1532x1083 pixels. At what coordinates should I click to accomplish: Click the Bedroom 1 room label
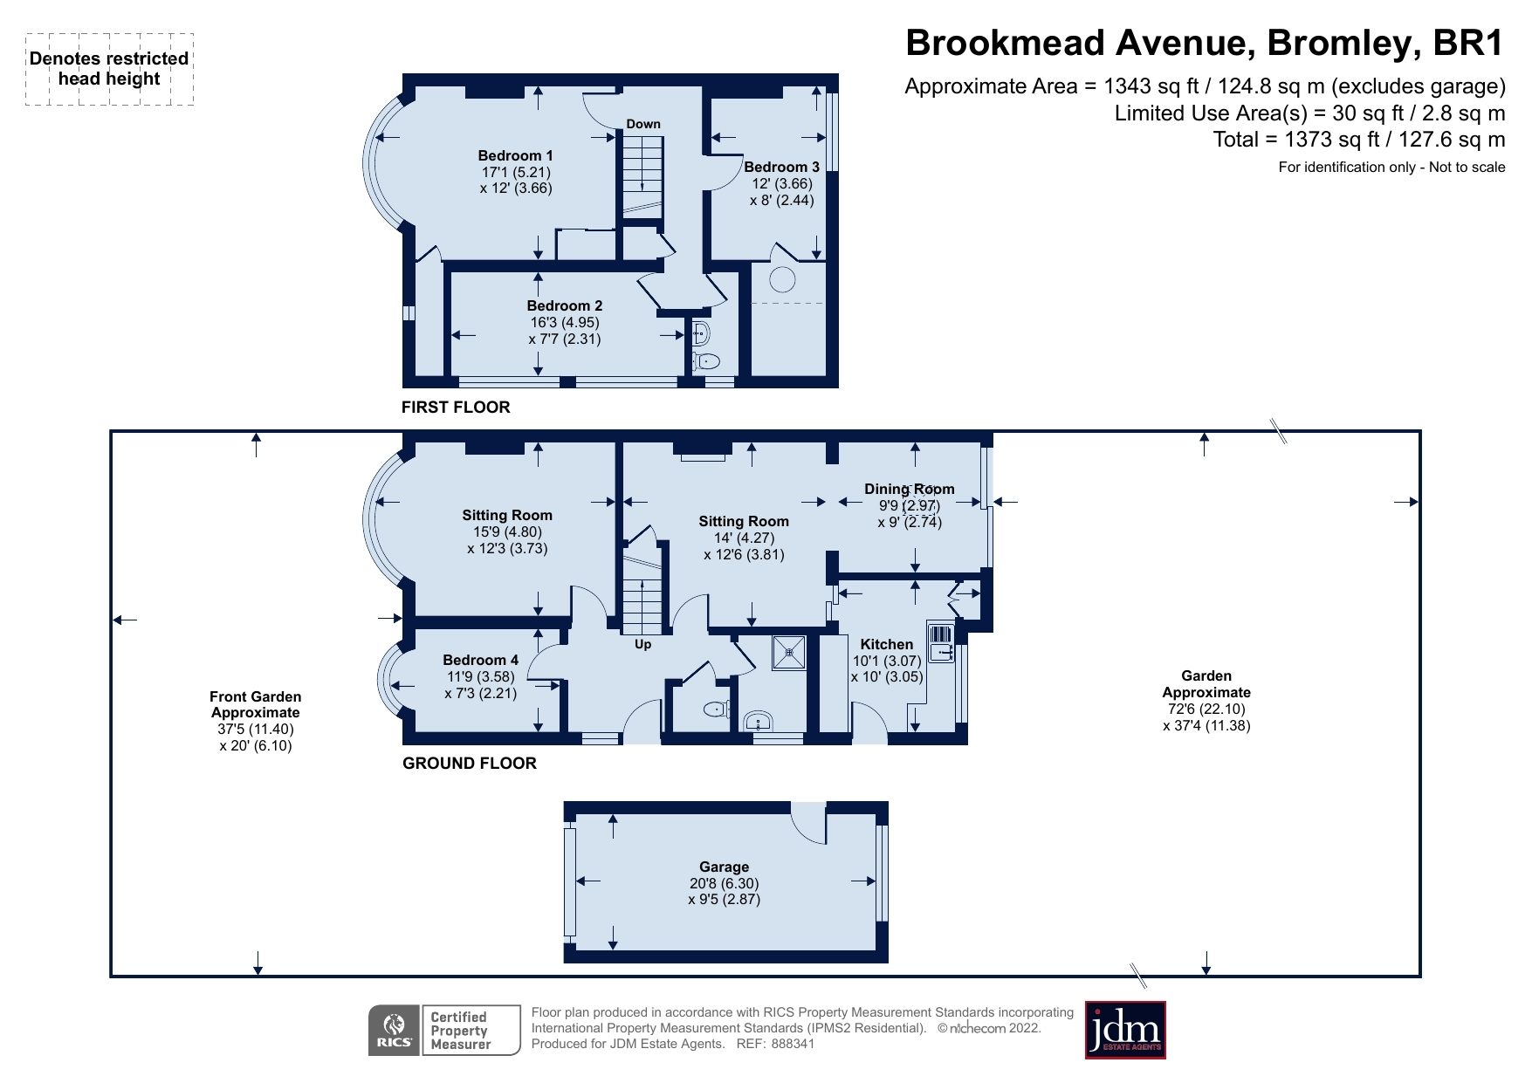515,156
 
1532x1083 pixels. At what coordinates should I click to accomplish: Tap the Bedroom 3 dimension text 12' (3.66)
781,183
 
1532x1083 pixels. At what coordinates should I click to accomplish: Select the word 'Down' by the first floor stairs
643,124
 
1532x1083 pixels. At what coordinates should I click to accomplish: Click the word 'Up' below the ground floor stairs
642,645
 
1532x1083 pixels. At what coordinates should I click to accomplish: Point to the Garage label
724,867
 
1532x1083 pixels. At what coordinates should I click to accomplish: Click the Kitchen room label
886,644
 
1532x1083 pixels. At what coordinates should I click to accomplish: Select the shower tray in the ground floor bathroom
789,653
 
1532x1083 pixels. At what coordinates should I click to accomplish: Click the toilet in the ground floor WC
717,709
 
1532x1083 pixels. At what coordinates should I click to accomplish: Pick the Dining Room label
909,489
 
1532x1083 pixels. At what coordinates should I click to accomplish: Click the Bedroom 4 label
480,660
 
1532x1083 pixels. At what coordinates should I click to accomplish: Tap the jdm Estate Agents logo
1124,1030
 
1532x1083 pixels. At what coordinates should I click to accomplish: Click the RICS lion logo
395,1031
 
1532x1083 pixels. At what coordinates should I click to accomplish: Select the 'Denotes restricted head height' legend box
109,69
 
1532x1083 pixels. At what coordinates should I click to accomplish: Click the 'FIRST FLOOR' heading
456,408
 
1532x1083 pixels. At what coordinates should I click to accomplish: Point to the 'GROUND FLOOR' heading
470,764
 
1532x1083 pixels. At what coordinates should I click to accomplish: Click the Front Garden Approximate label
256,704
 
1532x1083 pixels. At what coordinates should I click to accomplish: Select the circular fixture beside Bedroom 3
782,279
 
